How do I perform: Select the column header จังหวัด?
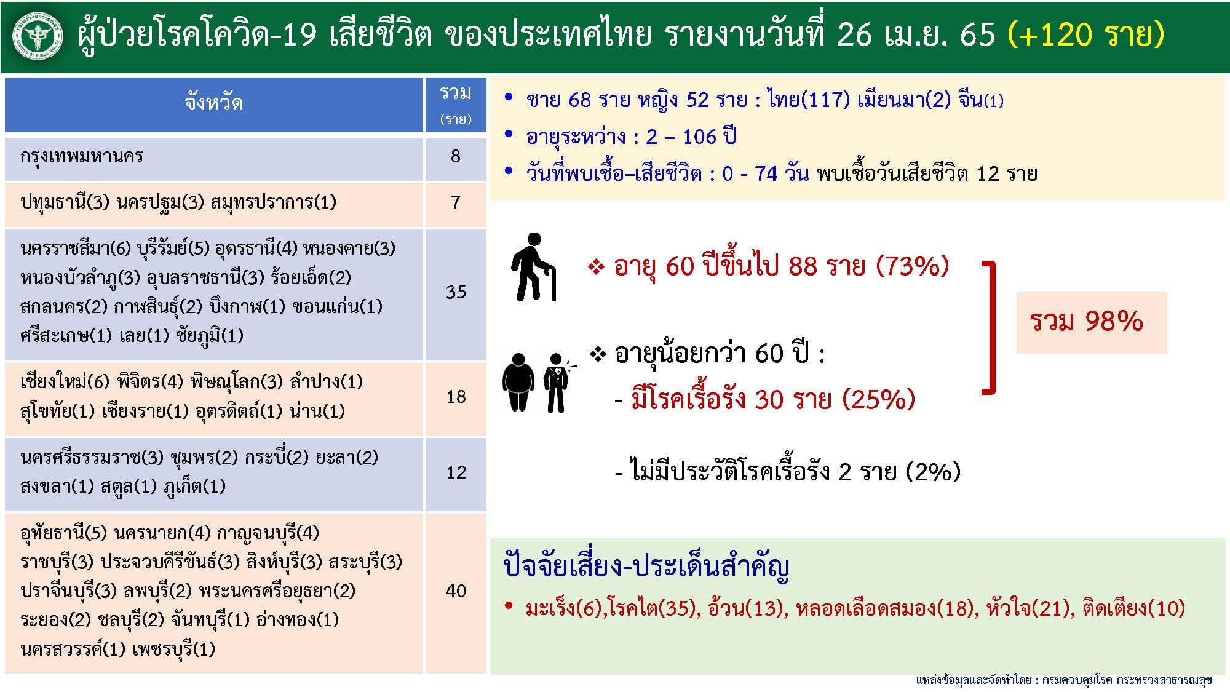[213, 102]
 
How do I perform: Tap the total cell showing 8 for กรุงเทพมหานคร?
[456, 156]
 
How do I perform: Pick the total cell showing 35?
[456, 292]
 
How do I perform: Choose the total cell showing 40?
[456, 591]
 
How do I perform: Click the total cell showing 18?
[456, 397]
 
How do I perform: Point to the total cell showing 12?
[456, 472]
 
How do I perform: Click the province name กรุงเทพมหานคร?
[82, 156]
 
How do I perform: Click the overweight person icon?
[518, 382]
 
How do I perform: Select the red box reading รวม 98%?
[1091, 322]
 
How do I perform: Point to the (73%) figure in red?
[913, 266]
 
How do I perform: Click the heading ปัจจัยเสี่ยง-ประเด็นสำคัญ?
[646, 566]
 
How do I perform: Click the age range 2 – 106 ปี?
[691, 136]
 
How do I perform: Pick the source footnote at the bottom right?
[1063, 680]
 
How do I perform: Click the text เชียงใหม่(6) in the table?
[65, 382]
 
